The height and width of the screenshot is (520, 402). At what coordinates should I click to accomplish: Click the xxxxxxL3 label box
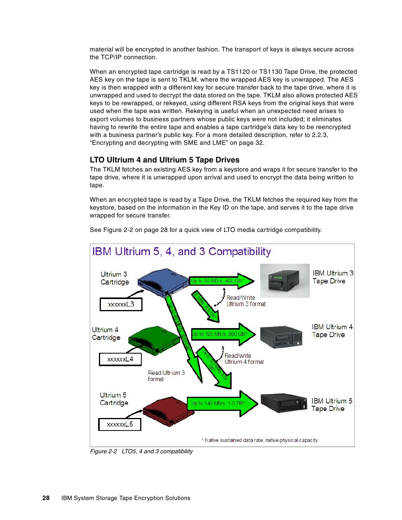[121, 305]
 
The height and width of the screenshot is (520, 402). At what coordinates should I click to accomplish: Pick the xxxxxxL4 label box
[120, 359]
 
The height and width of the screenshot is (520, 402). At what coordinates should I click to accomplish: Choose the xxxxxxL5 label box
[120, 424]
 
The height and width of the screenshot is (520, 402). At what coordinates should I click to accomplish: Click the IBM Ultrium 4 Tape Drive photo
[281, 336]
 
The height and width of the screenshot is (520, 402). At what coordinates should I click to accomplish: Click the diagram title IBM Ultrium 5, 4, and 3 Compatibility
[181, 252]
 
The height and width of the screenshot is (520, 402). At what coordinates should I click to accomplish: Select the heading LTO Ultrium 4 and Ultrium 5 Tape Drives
[164, 160]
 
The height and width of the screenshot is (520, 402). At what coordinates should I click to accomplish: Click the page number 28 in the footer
[46, 498]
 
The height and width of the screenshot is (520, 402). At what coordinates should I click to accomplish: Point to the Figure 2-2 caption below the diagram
[141, 451]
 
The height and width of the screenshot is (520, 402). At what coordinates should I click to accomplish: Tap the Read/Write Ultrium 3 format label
[246, 301]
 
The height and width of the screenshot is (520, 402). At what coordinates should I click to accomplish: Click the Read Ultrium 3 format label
[166, 376]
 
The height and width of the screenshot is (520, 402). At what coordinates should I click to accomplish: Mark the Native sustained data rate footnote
[260, 440]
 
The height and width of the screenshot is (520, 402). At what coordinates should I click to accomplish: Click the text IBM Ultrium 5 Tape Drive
[332, 405]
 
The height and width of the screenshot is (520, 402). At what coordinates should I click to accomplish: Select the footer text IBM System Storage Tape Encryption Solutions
[126, 498]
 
